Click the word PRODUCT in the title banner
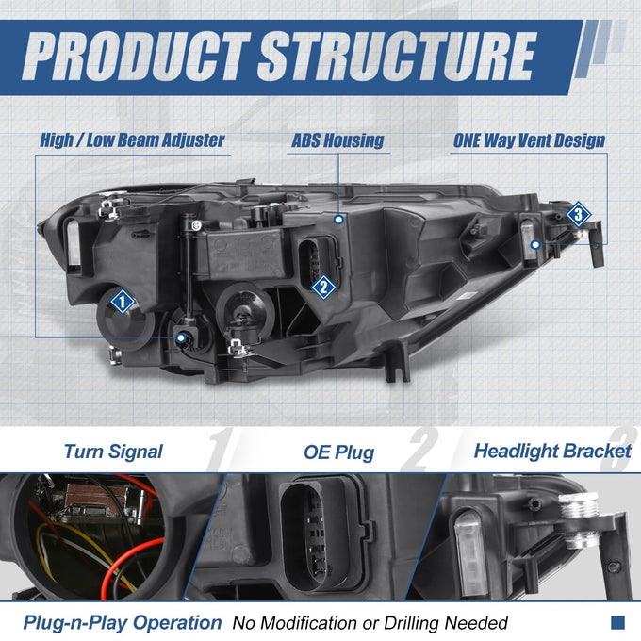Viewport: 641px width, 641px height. [x=136, y=57]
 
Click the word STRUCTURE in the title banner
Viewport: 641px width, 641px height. [x=397, y=57]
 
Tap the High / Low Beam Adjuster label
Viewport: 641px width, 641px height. [x=132, y=140]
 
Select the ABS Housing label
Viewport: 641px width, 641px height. [x=337, y=140]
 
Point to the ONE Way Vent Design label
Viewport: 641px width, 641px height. [x=529, y=140]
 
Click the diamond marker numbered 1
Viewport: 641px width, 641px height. [x=123, y=302]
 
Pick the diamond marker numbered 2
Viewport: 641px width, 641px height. [x=323, y=287]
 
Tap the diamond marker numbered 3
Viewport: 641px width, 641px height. [x=579, y=214]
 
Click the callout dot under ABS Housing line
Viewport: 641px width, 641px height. [x=338, y=220]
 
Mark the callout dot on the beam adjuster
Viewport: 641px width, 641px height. [x=181, y=338]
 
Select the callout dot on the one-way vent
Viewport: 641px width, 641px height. [x=535, y=245]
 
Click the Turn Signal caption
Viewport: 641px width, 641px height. [x=113, y=452]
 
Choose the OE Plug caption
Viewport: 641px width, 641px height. [x=339, y=452]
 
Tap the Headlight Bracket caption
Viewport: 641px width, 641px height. [x=552, y=452]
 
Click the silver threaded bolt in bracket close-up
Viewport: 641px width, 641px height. [x=580, y=518]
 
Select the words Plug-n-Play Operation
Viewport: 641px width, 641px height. [x=123, y=623]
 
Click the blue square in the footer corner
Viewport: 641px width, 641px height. [x=617, y=623]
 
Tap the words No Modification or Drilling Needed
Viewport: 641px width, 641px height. [x=370, y=623]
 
